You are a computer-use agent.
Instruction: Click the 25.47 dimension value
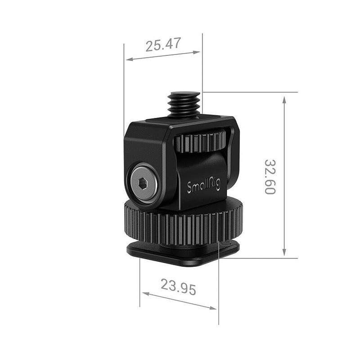(x=163, y=44)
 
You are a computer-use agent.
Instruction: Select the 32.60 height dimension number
(x=270, y=176)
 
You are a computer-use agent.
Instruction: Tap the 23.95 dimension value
(x=179, y=287)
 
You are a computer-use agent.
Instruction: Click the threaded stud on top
(x=183, y=104)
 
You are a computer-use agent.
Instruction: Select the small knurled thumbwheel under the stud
(x=200, y=142)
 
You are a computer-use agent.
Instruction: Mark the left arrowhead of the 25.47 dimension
(x=129, y=59)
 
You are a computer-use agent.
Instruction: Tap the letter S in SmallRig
(x=189, y=188)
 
